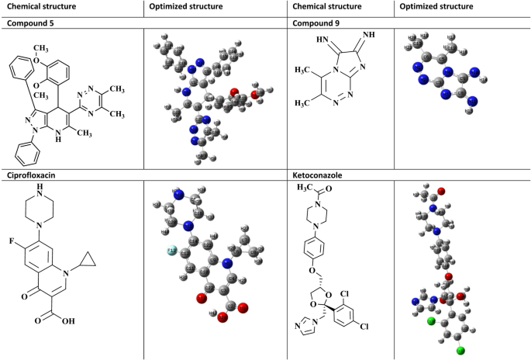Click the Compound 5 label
(x=33, y=23)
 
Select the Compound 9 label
(x=317, y=23)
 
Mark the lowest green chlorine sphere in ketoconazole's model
(x=460, y=351)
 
